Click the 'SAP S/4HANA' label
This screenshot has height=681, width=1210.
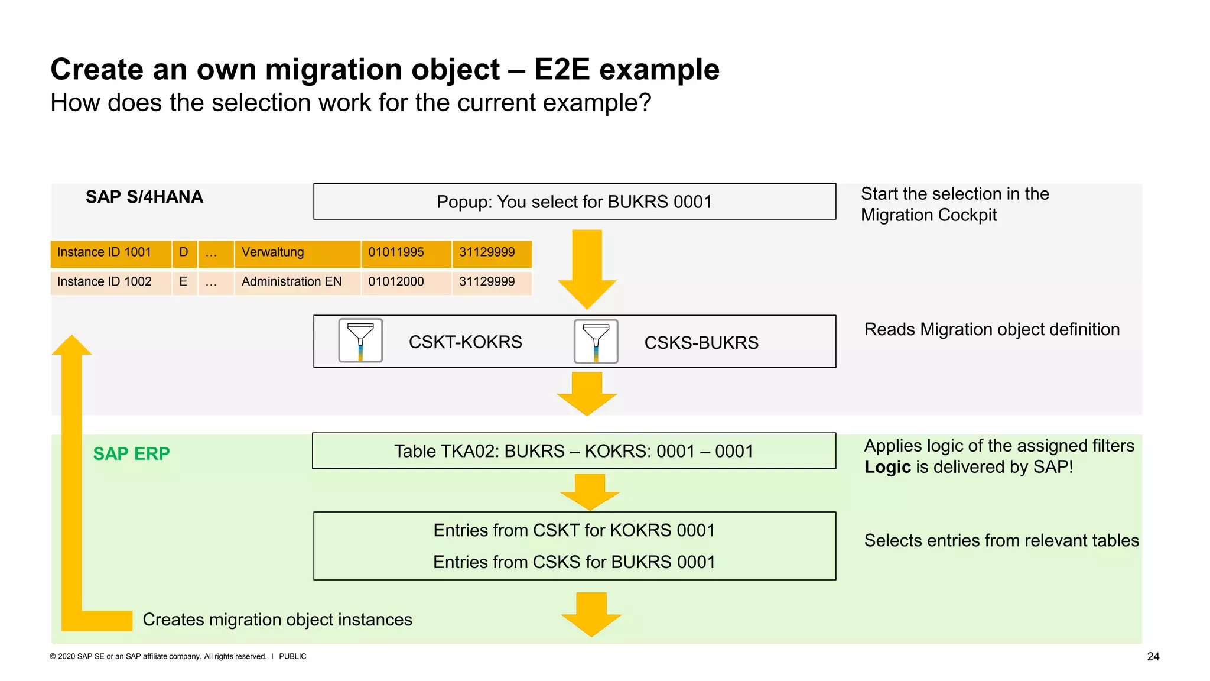(144, 197)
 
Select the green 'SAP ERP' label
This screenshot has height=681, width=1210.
(131, 453)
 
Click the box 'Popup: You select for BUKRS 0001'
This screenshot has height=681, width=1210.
(574, 202)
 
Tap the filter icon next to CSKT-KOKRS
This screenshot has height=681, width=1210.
(360, 340)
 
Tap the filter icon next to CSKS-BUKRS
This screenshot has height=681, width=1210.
(596, 341)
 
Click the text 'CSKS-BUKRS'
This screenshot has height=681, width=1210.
(701, 342)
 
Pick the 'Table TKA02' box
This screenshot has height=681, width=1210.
(574, 451)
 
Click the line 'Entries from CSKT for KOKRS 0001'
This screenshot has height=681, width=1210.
(574, 530)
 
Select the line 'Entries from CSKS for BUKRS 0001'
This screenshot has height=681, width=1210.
(574, 562)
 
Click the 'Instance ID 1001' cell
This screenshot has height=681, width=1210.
(105, 252)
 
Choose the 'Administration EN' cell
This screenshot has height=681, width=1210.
(291, 282)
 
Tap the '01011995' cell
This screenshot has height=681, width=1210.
(396, 252)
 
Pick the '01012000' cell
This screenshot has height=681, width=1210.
(396, 282)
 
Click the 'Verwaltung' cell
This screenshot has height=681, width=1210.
(273, 252)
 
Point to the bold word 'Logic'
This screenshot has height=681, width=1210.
(887, 467)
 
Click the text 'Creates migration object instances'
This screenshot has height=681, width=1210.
(277, 620)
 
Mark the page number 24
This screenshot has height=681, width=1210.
(1153, 656)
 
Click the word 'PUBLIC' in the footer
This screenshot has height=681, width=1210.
(292, 656)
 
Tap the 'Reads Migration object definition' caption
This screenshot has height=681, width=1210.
(991, 329)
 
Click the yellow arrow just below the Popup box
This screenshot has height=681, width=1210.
(587, 269)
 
